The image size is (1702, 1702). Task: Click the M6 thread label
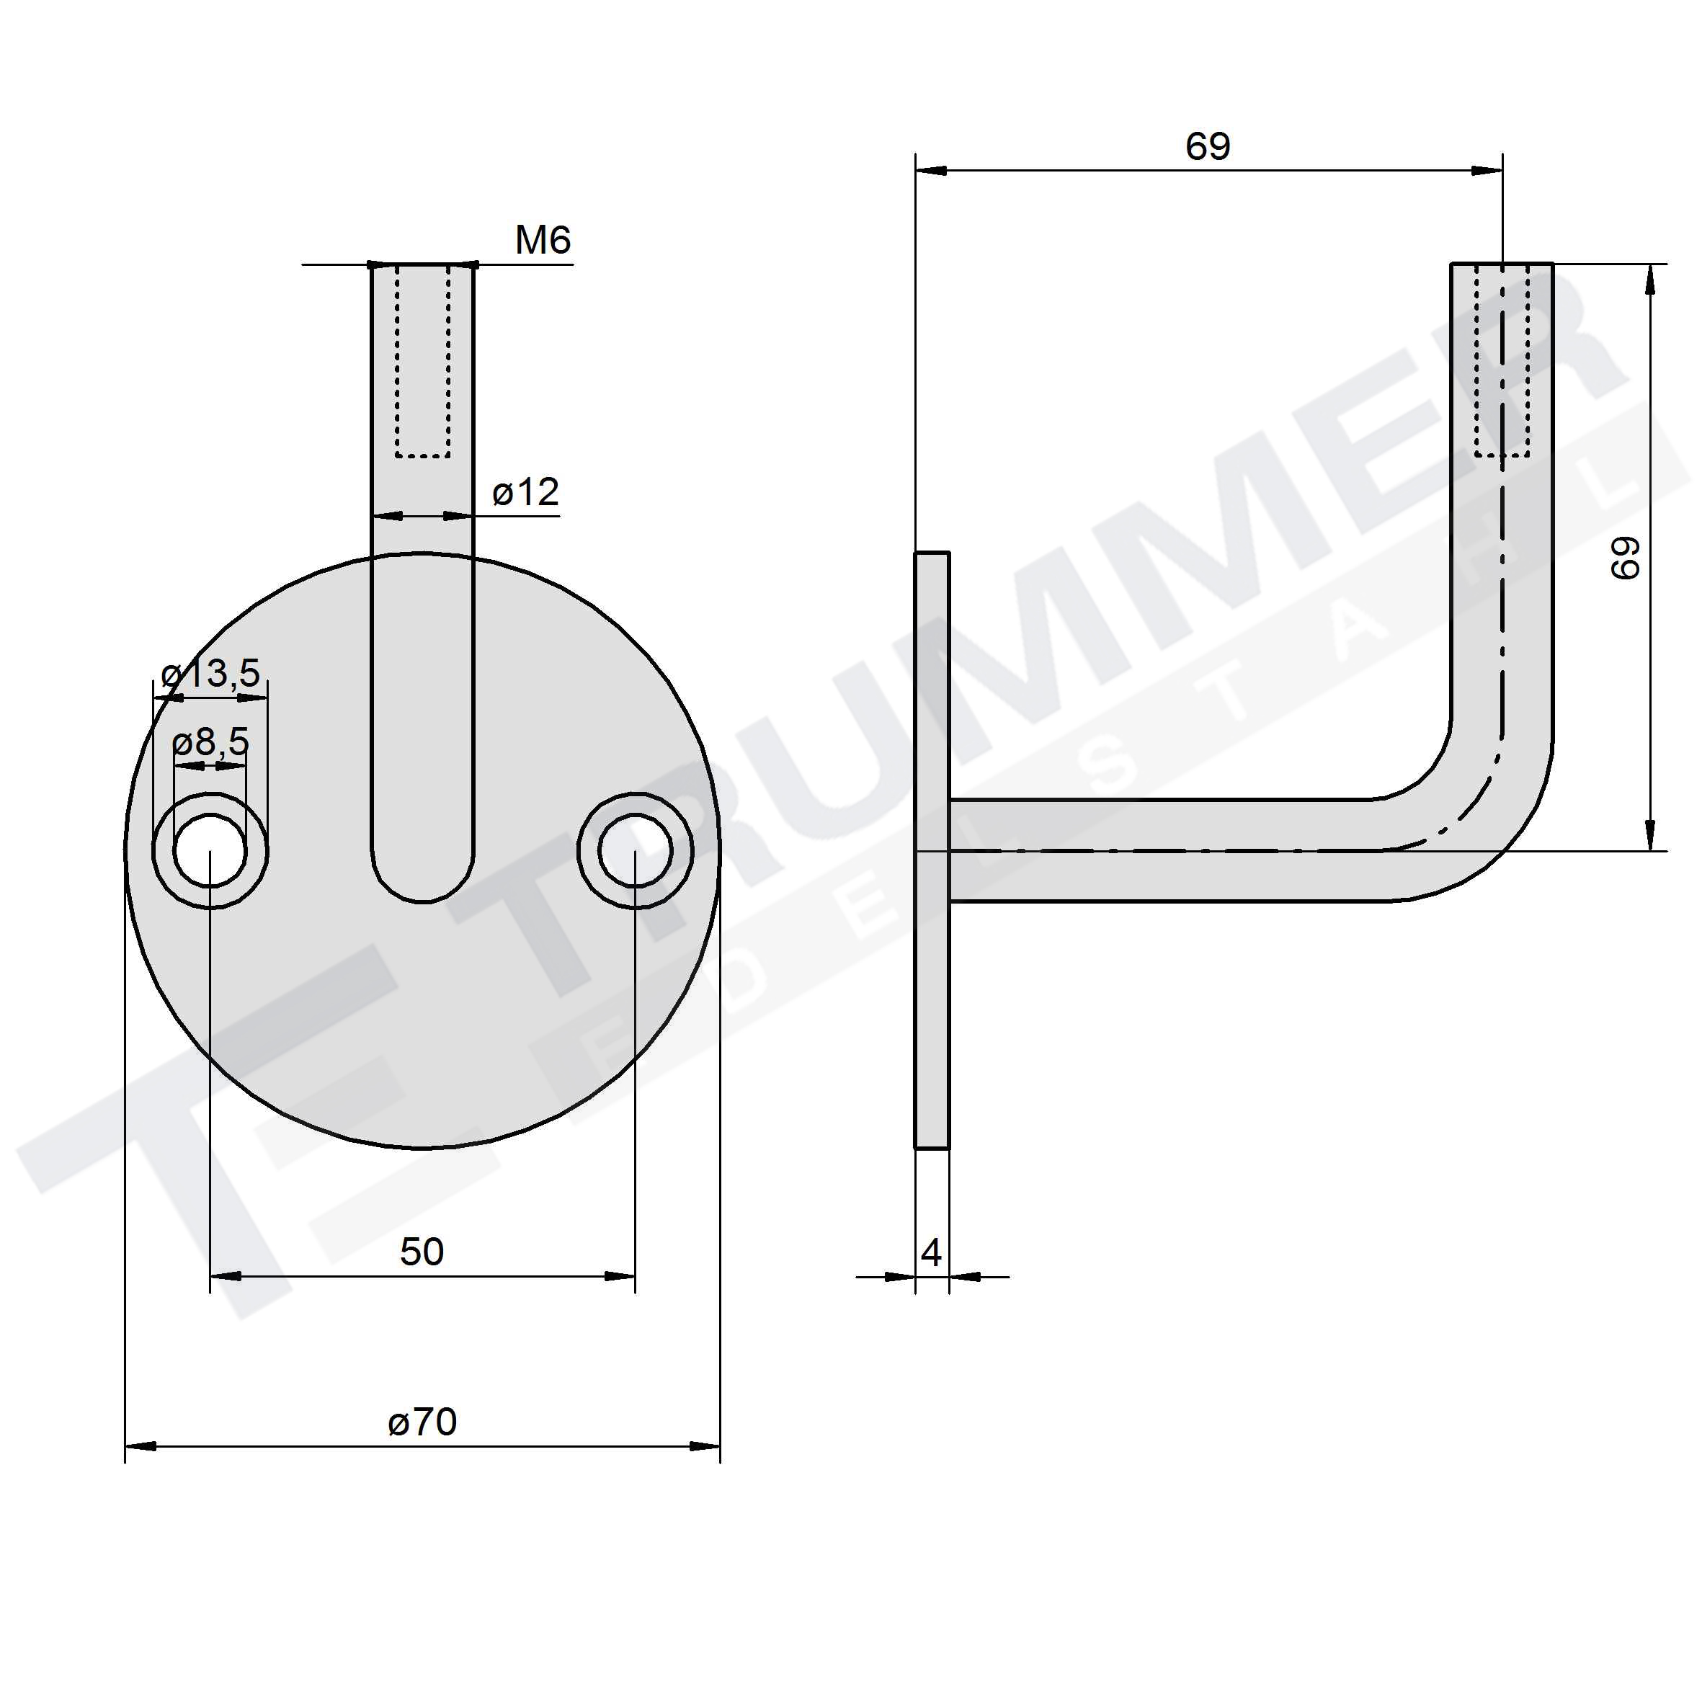543,240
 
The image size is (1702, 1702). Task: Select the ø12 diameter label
525,492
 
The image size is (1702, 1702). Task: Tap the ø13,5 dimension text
211,674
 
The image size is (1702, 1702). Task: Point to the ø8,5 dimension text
211,743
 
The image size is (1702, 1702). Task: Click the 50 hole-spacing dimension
422,1252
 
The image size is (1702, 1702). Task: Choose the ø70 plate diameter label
423,1422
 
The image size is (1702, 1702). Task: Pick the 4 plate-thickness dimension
931,1252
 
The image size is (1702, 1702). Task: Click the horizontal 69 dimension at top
1208,146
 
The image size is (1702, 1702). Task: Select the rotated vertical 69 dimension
1626,558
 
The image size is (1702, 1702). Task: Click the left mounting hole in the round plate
210,852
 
